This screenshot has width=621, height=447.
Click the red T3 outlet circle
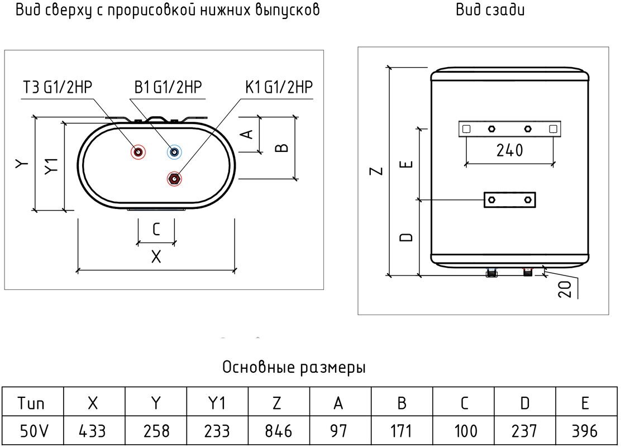click(x=137, y=152)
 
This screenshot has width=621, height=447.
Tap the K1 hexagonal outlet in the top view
click(x=174, y=179)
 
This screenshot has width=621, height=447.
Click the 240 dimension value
click(x=509, y=150)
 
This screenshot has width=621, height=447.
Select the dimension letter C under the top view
click(x=156, y=229)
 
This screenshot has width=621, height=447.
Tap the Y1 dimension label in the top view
click(x=52, y=166)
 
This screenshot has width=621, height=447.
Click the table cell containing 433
click(x=94, y=431)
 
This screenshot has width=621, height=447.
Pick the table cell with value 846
click(x=278, y=431)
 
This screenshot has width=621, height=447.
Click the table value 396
click(x=584, y=431)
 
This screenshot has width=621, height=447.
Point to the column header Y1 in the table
click(x=217, y=402)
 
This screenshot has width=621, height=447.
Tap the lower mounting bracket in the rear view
click(x=509, y=199)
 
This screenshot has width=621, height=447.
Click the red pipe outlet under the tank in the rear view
click(x=527, y=273)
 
